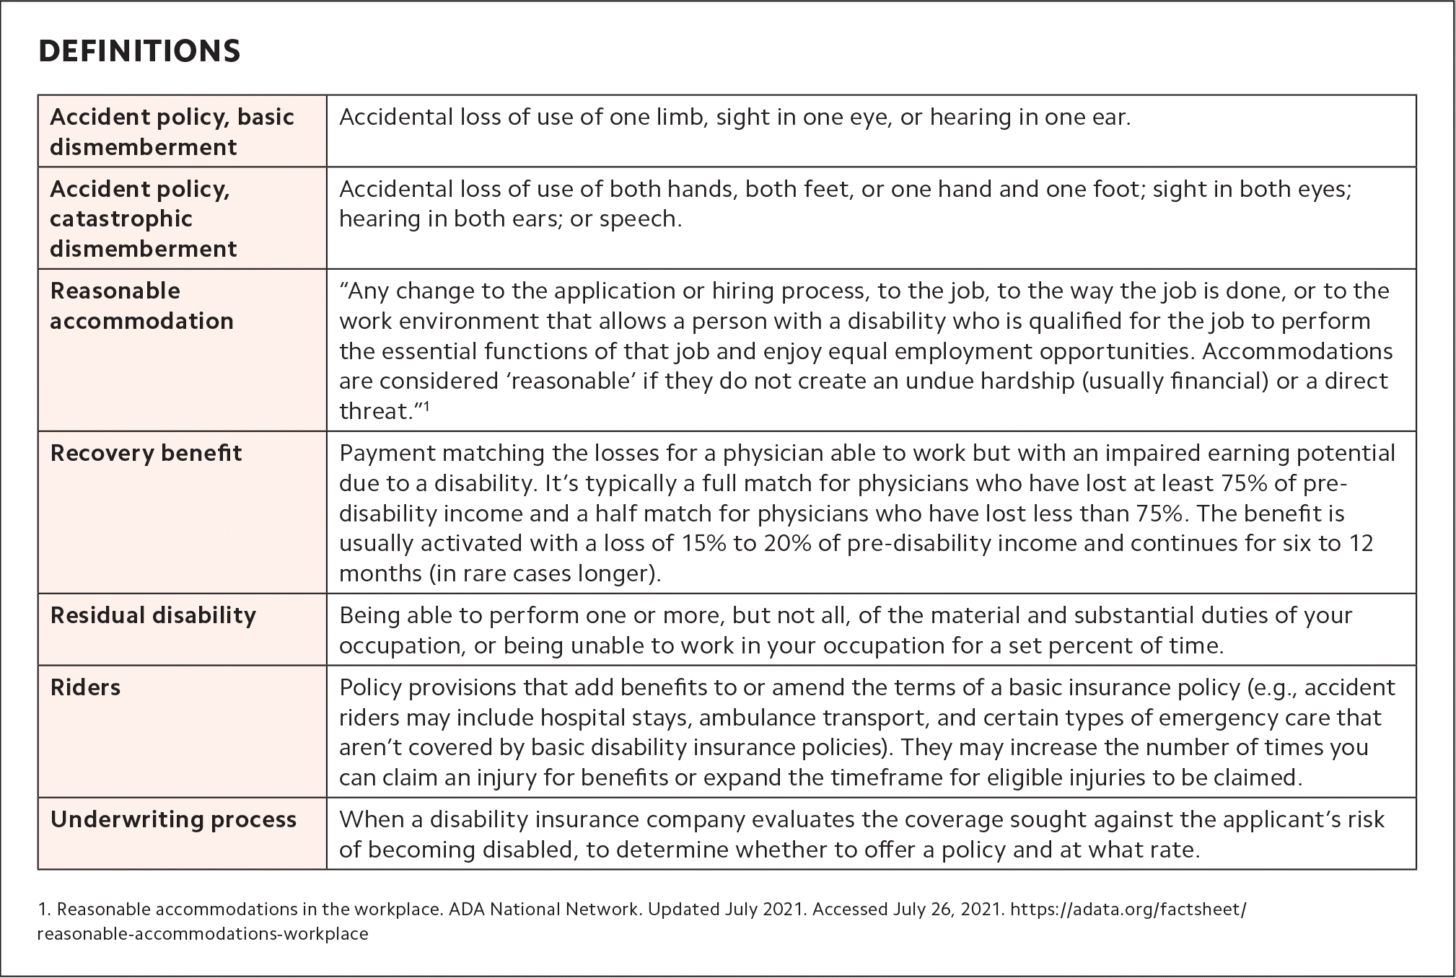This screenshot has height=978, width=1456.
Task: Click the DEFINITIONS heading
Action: (x=139, y=51)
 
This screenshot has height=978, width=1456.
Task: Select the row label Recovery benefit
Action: (x=146, y=453)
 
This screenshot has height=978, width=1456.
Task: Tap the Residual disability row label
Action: (x=153, y=615)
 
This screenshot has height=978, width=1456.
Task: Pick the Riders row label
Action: (x=85, y=687)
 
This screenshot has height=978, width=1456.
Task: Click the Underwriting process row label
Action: (x=173, y=819)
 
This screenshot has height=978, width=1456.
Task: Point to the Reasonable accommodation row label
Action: (x=141, y=306)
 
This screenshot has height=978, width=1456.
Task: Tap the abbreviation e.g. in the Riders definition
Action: (x=1276, y=687)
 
